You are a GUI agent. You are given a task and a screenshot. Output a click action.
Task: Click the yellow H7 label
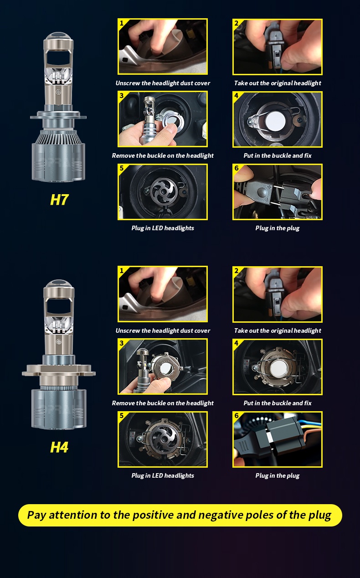click(59, 200)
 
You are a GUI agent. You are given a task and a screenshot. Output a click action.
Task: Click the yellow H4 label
click(59, 447)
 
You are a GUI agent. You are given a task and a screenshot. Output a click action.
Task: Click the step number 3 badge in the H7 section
click(122, 96)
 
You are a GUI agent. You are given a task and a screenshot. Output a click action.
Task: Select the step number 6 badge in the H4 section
click(237, 416)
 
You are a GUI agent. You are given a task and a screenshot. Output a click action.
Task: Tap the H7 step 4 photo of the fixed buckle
click(278, 120)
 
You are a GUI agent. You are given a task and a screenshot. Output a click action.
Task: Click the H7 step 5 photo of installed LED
click(163, 192)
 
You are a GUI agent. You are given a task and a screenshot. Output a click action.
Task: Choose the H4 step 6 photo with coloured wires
click(278, 440)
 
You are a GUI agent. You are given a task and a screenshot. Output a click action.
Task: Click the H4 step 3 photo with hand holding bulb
click(163, 367)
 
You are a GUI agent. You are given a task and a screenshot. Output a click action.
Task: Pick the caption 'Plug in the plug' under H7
click(278, 228)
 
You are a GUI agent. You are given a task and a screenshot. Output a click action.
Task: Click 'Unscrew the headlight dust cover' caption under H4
click(163, 330)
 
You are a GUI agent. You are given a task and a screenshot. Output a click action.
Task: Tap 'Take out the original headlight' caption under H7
click(278, 83)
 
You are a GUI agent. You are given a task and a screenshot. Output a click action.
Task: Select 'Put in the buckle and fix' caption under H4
click(278, 403)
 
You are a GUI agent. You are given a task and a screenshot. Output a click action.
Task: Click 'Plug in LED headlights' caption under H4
click(163, 475)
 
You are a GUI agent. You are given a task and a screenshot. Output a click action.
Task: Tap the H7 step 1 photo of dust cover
click(163, 47)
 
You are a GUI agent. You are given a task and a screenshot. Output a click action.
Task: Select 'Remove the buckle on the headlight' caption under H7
click(163, 155)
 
